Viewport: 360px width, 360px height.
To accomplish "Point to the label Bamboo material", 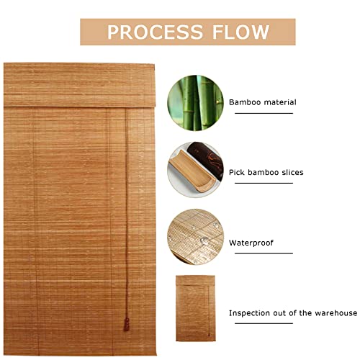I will tap(262, 102).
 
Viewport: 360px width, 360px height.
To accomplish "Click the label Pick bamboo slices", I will tap(266, 172).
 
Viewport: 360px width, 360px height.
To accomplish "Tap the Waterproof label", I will tap(251, 243).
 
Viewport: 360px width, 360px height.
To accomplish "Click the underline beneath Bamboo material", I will tap(261, 113).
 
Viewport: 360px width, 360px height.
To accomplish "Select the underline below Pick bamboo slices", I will tap(261, 184).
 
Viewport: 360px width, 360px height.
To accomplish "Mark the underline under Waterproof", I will tap(261, 253).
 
